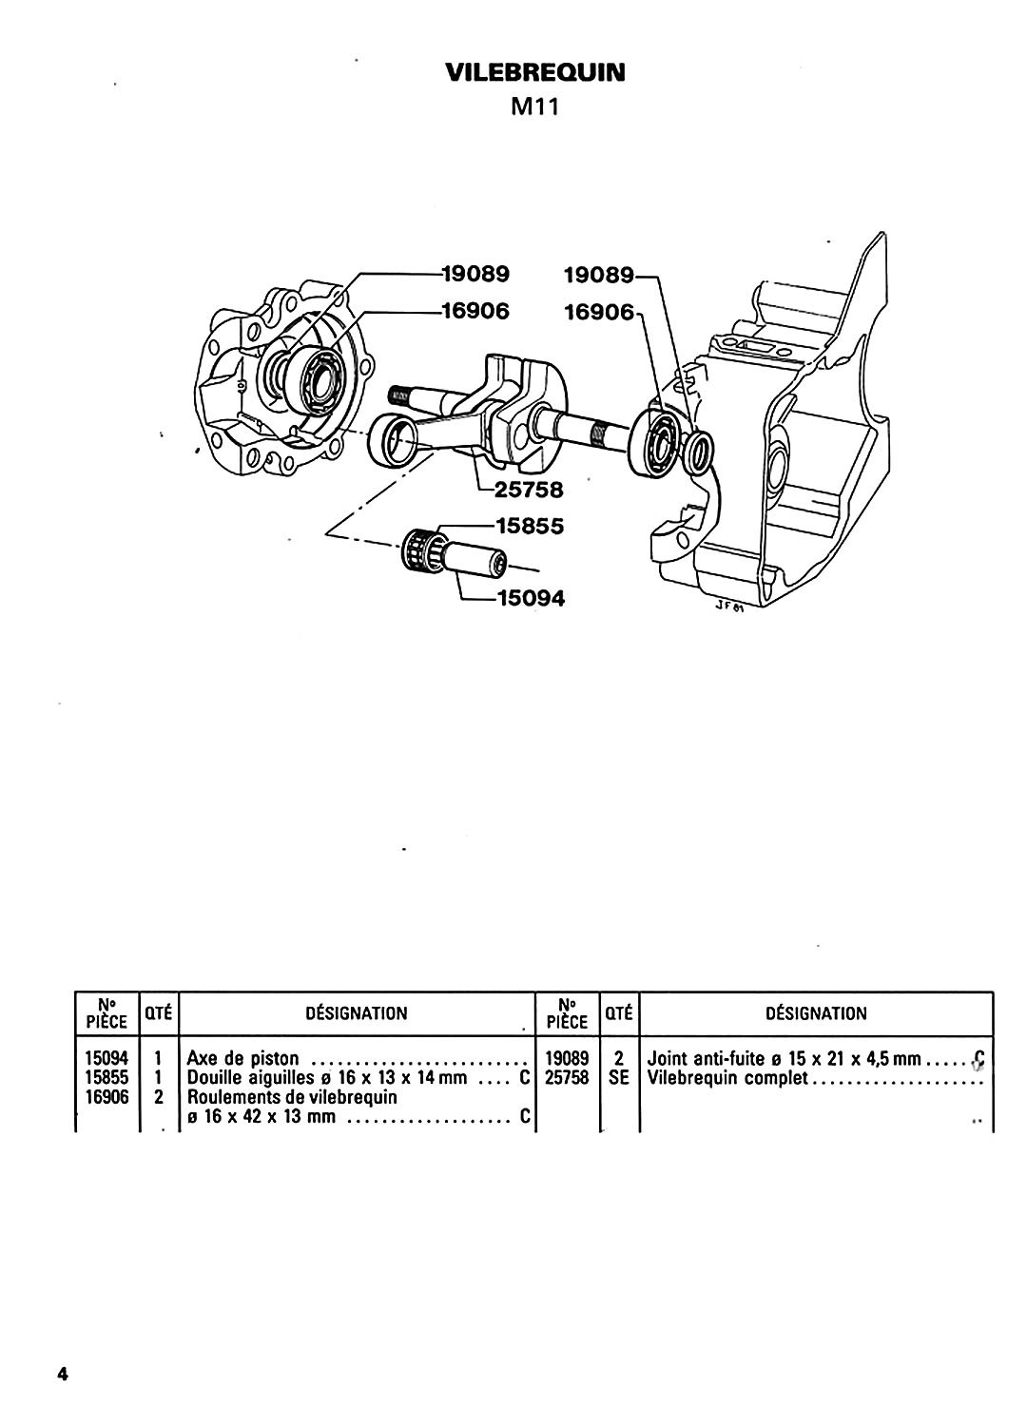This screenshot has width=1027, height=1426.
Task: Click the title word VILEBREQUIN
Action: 534,72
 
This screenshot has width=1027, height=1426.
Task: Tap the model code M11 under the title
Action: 534,107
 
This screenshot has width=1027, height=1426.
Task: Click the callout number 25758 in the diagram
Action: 529,490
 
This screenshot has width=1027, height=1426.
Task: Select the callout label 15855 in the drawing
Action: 530,527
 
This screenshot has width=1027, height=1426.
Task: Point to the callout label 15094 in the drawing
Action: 531,598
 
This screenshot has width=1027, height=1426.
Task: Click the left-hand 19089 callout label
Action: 476,274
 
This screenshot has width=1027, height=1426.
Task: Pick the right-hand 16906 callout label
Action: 599,313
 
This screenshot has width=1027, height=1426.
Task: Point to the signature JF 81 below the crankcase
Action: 729,607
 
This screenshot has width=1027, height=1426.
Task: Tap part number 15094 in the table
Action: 107,1058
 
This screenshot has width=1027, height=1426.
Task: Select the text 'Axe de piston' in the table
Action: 242,1058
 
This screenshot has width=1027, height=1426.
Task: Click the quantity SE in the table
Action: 619,1078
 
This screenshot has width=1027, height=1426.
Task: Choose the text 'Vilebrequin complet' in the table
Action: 727,1078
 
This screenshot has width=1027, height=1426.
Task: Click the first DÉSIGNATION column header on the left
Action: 357,1013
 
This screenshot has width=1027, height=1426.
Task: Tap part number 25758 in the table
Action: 568,1078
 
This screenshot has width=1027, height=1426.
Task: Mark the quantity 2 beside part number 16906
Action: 159,1097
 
